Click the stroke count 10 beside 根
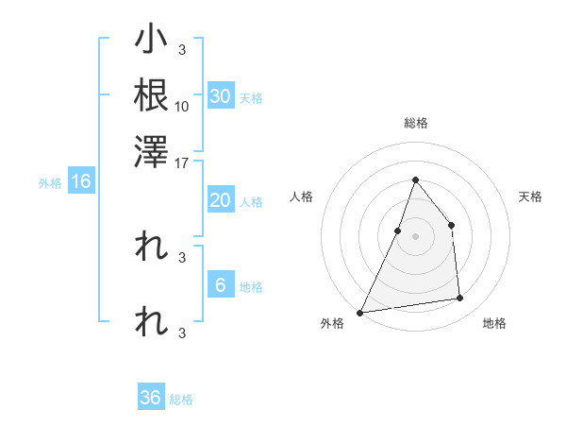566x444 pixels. pos(182,106)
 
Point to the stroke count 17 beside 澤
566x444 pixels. pos(182,162)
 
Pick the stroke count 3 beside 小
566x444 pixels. pos(181,50)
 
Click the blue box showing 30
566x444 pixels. pos(220,96)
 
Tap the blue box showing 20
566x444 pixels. pos(220,200)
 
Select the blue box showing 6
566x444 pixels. pos(220,285)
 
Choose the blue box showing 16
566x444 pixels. pos(80,182)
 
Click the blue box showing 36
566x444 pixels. pos(151,398)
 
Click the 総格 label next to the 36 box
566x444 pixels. pos(181,400)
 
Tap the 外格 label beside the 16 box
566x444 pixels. pos(50,183)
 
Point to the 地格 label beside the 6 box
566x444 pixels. pos(251,287)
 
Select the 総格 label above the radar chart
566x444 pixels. pos(415,124)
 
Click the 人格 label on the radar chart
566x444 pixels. pos(302,196)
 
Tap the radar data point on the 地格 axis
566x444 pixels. pos(460,299)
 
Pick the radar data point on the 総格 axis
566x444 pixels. pos(415,179)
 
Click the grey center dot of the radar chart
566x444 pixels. pos(415,236)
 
